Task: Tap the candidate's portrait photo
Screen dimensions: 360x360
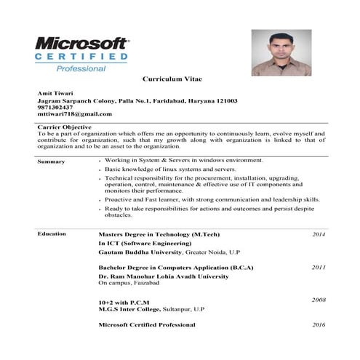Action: point(281,52)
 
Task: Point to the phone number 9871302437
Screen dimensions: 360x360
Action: point(55,107)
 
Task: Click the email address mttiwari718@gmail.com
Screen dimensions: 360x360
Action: point(74,114)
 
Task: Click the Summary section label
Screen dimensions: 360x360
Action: point(51,161)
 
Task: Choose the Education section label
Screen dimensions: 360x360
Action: point(52,233)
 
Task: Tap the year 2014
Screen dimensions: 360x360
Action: point(319,234)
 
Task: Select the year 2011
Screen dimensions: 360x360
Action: point(319,267)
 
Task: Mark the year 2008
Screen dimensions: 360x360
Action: point(319,300)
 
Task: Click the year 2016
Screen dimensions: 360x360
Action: point(319,324)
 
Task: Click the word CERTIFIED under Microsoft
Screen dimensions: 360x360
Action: point(81,57)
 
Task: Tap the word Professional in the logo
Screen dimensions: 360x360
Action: point(81,68)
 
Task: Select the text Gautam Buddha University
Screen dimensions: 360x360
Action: point(140,251)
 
